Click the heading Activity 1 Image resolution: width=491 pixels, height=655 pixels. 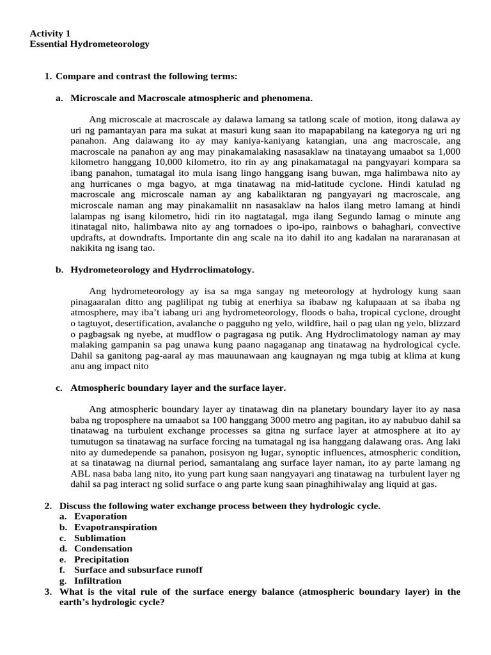pyautogui.click(x=51, y=33)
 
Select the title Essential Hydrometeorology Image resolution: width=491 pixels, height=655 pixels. pyautogui.click(x=90, y=44)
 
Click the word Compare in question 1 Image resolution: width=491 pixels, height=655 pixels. pyautogui.click(x=75, y=76)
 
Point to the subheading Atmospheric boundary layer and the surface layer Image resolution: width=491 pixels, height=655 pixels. pyautogui.click(x=178, y=388)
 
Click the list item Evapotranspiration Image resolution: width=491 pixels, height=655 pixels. pyautogui.click(x=115, y=527)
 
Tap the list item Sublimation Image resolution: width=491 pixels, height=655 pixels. pyautogui.click(x=100, y=538)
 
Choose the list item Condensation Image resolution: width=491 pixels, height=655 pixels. pyautogui.click(x=103, y=548)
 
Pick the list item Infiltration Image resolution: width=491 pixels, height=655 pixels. pyautogui.click(x=97, y=581)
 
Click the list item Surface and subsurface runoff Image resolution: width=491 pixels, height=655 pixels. pyautogui.click(x=138, y=570)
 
